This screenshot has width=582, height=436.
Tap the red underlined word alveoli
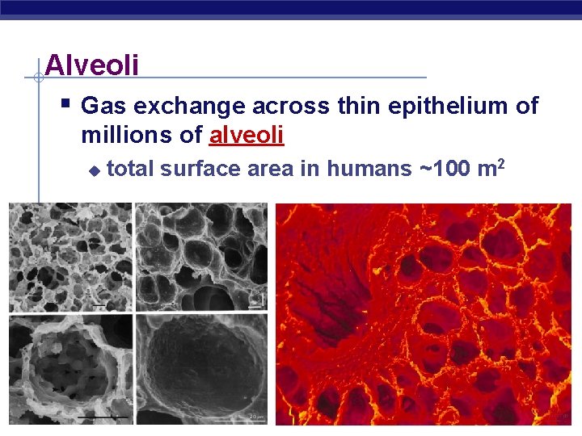247,135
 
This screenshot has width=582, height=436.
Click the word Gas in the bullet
103,106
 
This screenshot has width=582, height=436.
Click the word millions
129,135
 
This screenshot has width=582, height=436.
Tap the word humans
369,169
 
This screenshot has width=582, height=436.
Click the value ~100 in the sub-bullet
444,169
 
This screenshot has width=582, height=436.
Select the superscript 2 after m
502,164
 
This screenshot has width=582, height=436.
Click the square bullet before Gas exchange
67,104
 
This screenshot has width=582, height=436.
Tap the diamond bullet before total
94,170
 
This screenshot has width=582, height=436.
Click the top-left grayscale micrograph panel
70,258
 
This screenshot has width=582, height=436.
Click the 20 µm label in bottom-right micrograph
255,416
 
